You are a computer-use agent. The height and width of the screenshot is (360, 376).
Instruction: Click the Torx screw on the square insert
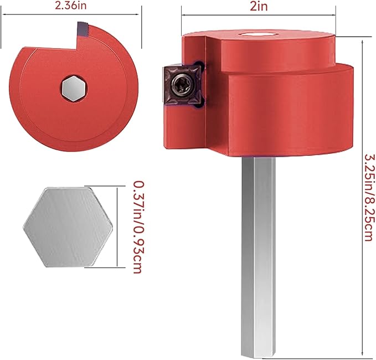pyautogui.click(x=180, y=85)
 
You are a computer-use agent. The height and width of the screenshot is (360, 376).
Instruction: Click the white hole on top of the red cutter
pyautogui.click(x=258, y=34)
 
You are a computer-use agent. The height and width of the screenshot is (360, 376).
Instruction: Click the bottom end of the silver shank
pyautogui.click(x=257, y=352)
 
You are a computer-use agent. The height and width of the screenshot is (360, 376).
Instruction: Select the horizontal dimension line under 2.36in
pyautogui.click(x=71, y=16)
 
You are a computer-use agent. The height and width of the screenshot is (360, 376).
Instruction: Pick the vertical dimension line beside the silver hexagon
pyautogui.click(x=117, y=227)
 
